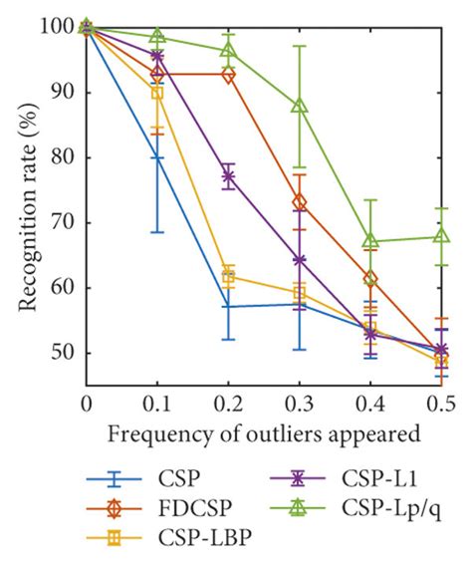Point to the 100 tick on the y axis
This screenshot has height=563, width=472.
coord(61,27)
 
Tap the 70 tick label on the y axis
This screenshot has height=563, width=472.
coord(66,222)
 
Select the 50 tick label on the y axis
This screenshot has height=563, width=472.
coord(66,353)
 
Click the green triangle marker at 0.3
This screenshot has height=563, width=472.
coord(300,106)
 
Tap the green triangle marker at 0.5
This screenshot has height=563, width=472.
coord(442,236)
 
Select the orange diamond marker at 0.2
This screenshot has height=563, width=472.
coord(228,75)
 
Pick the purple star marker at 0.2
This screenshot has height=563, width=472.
coord(228,176)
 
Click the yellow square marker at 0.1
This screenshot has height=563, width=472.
coord(157,93)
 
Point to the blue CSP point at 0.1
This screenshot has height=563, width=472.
coord(157,157)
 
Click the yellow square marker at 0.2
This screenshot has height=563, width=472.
coord(228,278)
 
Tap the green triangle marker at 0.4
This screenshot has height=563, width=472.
coord(370,241)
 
